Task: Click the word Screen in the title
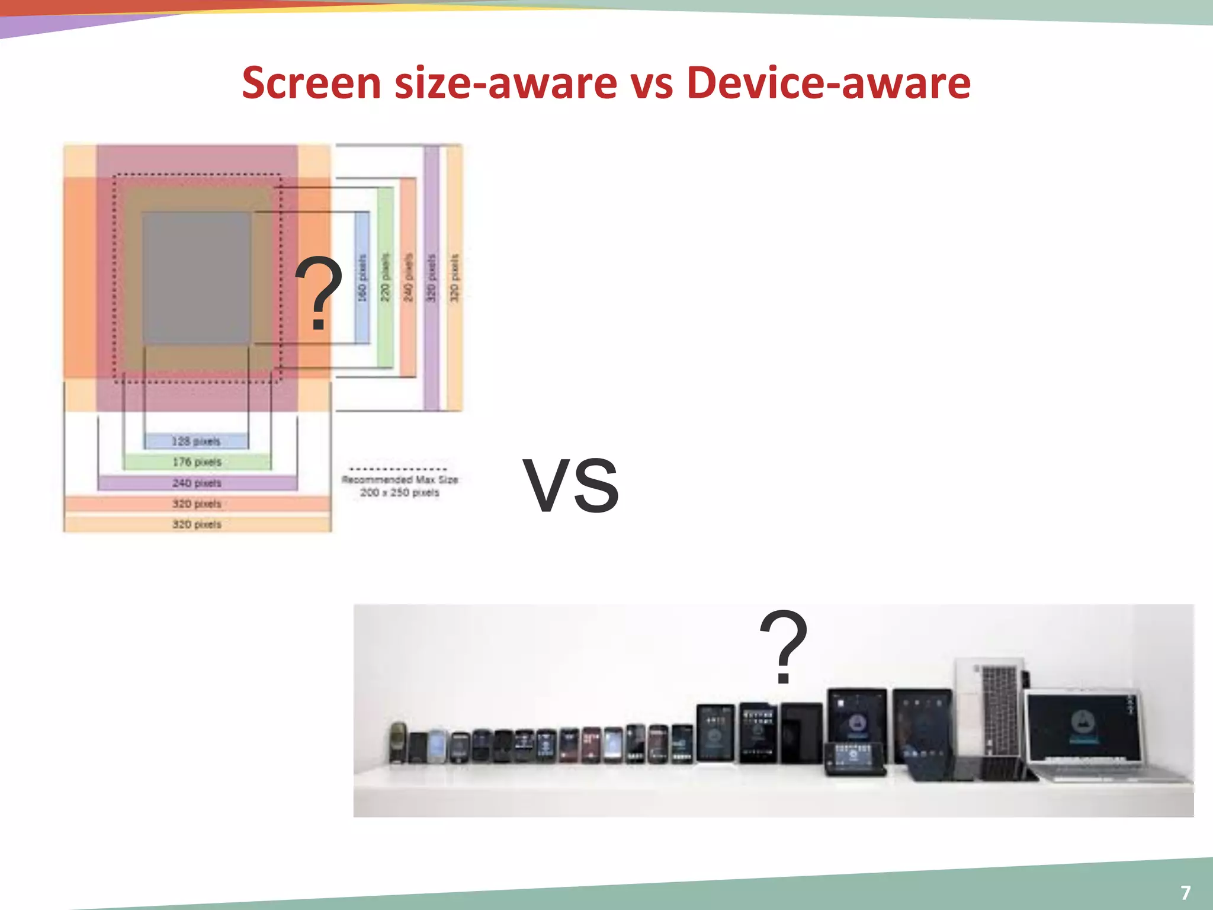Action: pyautogui.click(x=312, y=83)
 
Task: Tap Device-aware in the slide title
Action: pyautogui.click(x=828, y=83)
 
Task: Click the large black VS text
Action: pyautogui.click(x=571, y=485)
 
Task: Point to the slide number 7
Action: pyautogui.click(x=1185, y=892)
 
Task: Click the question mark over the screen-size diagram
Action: pyautogui.click(x=319, y=293)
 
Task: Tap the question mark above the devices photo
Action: pyautogui.click(x=783, y=647)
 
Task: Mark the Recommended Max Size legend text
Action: pyautogui.click(x=400, y=486)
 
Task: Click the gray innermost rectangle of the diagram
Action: pyautogui.click(x=196, y=277)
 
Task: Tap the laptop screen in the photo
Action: pyautogui.click(x=1084, y=726)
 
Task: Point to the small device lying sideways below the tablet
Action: pyautogui.click(x=854, y=757)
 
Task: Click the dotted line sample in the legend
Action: pyautogui.click(x=398, y=469)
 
